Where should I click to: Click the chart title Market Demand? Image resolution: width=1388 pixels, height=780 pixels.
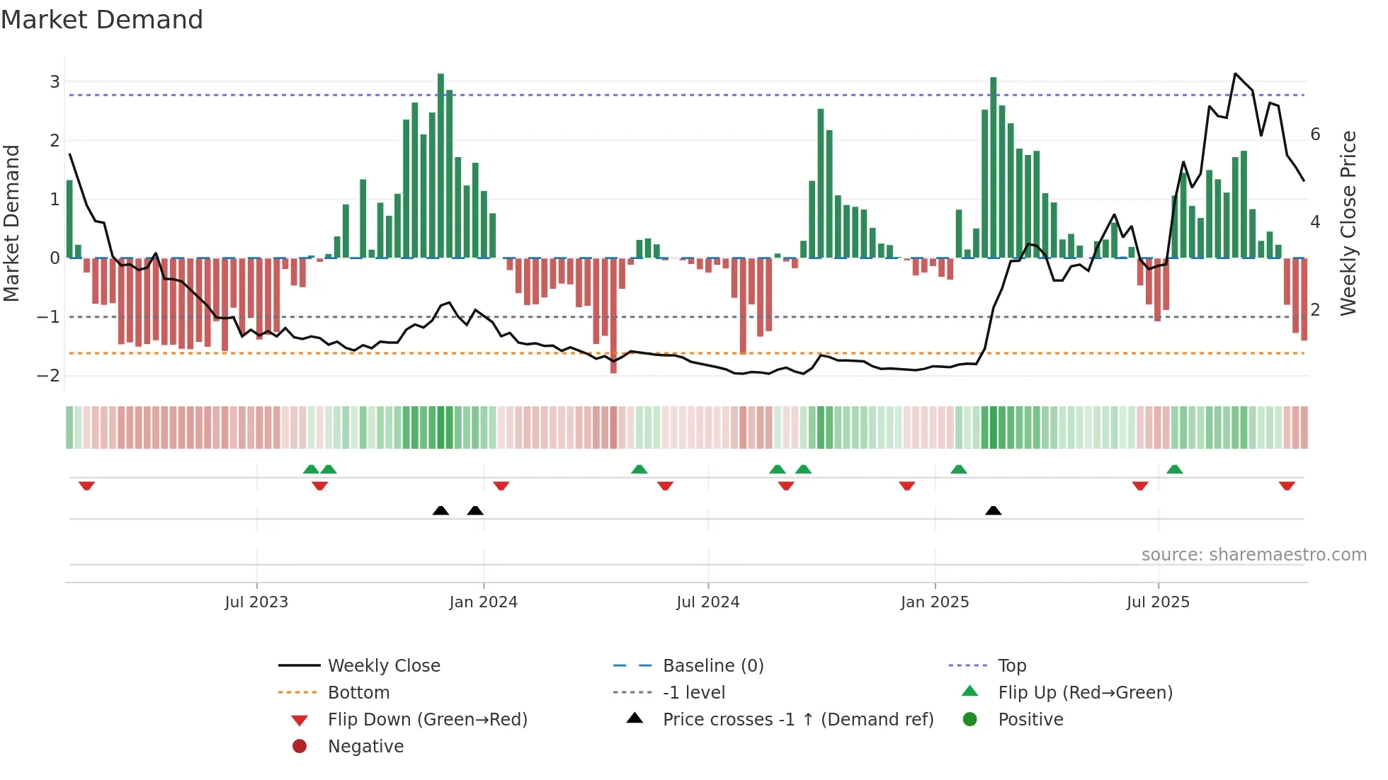102,20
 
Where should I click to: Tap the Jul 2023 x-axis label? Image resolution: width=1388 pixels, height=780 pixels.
256,602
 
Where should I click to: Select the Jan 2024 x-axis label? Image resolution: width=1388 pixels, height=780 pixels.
483,602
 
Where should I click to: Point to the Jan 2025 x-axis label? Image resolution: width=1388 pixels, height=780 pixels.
935,602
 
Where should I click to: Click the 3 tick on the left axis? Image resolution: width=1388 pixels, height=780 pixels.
55,81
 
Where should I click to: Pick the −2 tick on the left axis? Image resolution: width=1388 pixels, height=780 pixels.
49,376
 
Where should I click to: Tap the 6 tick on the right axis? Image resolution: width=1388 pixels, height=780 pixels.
1315,134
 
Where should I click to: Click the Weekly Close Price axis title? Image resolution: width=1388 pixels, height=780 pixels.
1349,223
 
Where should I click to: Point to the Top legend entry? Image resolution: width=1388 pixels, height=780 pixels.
1012,665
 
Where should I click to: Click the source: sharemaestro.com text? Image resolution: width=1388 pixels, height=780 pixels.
1253,554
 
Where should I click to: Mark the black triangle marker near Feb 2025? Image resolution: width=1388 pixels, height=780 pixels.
994,510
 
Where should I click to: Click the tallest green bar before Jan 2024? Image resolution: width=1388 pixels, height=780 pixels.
440,166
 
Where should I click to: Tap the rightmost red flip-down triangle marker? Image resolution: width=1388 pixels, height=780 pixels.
1287,486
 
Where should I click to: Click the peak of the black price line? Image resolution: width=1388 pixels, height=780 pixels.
1235,74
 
